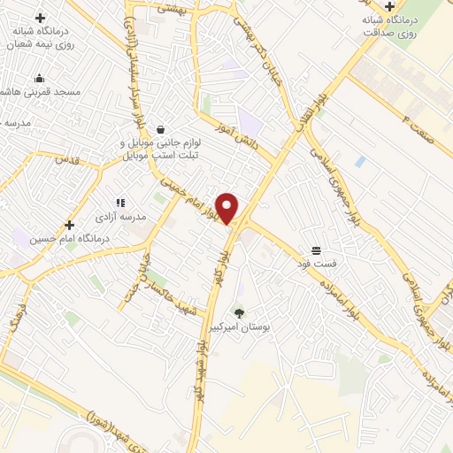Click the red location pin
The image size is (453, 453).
click(227, 207)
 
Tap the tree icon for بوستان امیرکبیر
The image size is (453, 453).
click(238, 311)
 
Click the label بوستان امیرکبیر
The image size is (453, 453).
click(237, 327)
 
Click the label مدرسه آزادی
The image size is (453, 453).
click(121, 218)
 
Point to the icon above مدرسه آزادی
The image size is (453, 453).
click(120, 203)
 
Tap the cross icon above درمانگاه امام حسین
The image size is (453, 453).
click(69, 224)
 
